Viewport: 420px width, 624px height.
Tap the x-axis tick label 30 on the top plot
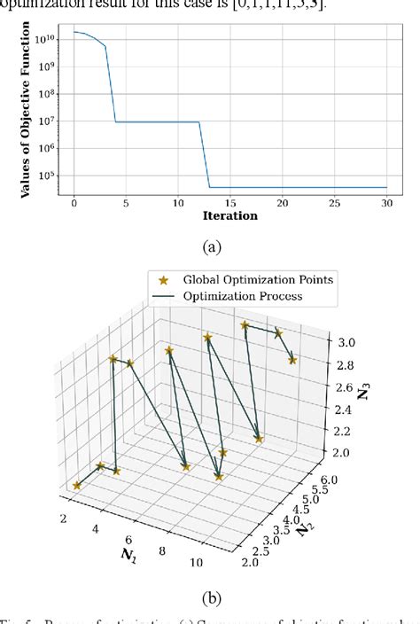tap(387, 202)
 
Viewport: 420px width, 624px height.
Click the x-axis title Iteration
tap(229, 215)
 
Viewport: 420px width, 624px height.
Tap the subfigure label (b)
tap(210, 597)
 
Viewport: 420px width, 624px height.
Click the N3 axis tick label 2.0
tap(340, 453)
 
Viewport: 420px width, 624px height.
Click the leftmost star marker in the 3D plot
tap(77, 486)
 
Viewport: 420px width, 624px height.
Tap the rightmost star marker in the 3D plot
tap(293, 360)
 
